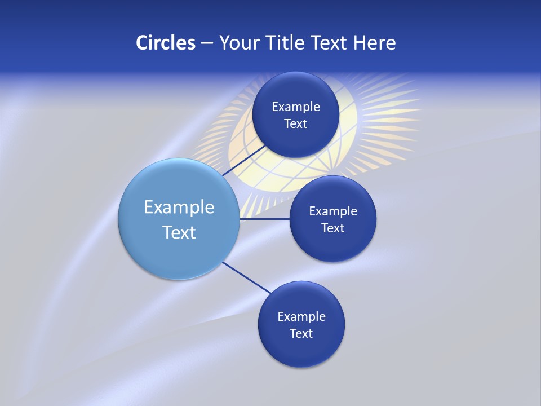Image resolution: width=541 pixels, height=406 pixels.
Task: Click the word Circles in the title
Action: point(165,42)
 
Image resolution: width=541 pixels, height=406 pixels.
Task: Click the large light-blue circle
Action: point(141,248)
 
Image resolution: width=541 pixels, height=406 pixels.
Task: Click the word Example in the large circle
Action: point(179,208)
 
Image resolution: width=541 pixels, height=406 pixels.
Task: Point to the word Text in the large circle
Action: point(179,232)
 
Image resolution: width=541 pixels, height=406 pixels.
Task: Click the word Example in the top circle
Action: point(296,107)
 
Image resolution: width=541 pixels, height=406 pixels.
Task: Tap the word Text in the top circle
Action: point(295,123)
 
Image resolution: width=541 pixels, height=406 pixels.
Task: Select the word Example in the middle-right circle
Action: point(333,211)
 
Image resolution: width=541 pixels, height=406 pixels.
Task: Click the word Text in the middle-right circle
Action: point(332,228)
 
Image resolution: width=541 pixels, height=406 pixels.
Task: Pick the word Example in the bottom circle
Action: point(301,316)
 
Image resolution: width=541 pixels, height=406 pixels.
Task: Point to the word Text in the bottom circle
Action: point(301,333)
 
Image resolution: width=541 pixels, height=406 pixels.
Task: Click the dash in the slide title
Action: point(207,43)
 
